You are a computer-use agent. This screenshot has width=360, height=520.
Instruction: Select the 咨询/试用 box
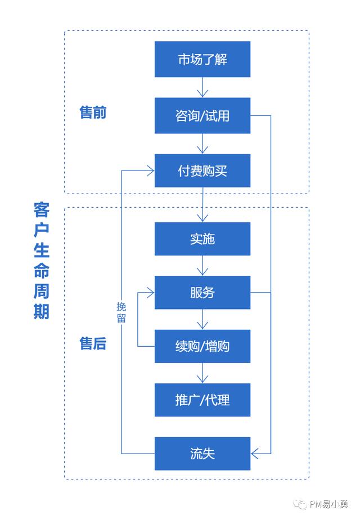pyautogui.click(x=202, y=116)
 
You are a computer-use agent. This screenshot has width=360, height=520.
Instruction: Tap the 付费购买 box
pyautogui.click(x=202, y=171)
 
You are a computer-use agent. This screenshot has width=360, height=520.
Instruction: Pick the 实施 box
pyautogui.click(x=202, y=239)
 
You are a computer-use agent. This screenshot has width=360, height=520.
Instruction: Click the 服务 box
pyautogui.click(x=202, y=293)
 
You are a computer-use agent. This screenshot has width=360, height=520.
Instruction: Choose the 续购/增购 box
pyautogui.click(x=202, y=346)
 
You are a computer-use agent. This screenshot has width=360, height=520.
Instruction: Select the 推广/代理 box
pyautogui.click(x=202, y=400)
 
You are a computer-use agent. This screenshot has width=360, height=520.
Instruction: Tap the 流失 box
pyautogui.click(x=202, y=454)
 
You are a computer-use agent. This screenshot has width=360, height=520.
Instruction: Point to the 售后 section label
pyautogui.click(x=93, y=343)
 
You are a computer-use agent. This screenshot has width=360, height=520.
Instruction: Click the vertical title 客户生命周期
pyautogui.click(x=42, y=261)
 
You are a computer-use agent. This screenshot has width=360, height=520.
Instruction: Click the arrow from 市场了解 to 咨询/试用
pyautogui.click(x=202, y=88)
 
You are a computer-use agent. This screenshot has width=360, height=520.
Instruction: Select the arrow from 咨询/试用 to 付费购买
pyautogui.click(x=202, y=144)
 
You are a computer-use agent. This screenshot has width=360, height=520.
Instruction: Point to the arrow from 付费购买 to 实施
pyautogui.click(x=202, y=205)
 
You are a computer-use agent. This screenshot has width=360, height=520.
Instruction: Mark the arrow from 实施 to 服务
pyautogui.click(x=202, y=266)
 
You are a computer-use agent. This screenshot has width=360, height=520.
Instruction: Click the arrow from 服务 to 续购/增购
pyautogui.click(x=202, y=320)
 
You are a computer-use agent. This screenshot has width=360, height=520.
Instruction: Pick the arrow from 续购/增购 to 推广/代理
pyautogui.click(x=202, y=373)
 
